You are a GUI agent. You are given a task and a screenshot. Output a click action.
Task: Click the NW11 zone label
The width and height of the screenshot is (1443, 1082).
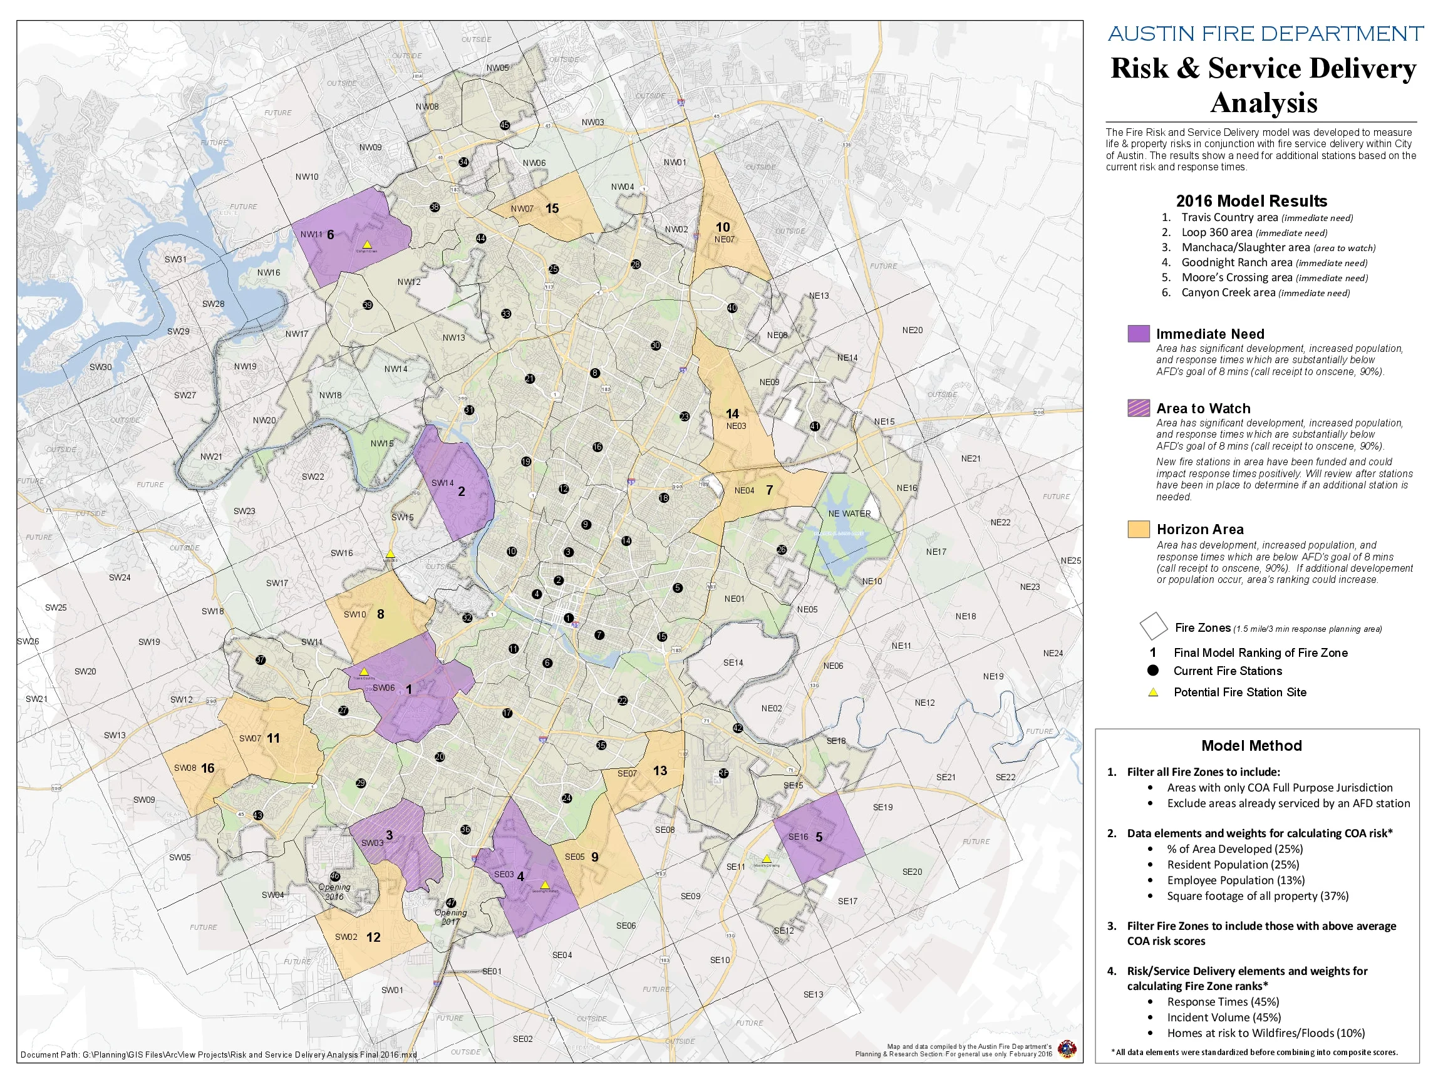click(x=311, y=234)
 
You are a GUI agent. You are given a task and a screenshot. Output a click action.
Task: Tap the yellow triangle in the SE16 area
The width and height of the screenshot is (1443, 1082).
click(x=767, y=858)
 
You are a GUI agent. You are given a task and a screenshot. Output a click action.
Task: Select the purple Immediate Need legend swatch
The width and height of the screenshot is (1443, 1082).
click(x=1139, y=333)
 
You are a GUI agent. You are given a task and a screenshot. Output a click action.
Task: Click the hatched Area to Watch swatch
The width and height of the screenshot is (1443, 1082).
click(x=1139, y=408)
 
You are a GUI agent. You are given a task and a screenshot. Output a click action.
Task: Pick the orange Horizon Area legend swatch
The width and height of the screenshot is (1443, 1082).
click(x=1139, y=529)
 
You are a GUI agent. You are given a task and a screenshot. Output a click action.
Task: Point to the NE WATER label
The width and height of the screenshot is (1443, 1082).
click(x=849, y=513)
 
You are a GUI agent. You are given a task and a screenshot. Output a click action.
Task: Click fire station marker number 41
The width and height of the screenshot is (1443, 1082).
click(x=815, y=426)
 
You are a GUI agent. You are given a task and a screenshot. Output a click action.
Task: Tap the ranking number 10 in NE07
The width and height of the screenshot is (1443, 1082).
click(x=723, y=227)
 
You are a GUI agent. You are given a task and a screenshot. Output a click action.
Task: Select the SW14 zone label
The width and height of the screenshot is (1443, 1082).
click(x=442, y=483)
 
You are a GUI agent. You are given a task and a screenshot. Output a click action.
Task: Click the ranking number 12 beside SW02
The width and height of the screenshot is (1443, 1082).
click(x=373, y=937)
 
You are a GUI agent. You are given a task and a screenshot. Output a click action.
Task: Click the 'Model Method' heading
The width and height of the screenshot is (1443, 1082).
click(x=1251, y=746)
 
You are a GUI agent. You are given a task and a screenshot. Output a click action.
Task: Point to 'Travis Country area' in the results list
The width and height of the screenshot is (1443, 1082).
click(x=1229, y=217)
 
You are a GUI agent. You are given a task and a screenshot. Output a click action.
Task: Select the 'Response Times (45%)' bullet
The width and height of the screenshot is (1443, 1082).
click(x=1223, y=1001)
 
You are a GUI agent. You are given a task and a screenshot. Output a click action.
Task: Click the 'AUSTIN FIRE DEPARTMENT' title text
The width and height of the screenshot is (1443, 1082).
click(x=1265, y=33)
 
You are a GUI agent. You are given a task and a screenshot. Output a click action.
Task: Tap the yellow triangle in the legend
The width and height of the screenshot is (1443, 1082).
click(x=1152, y=693)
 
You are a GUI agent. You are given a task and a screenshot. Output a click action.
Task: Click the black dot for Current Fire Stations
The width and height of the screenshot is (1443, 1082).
click(x=1152, y=671)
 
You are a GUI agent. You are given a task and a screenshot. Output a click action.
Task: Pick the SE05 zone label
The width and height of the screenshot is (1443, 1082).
click(x=574, y=857)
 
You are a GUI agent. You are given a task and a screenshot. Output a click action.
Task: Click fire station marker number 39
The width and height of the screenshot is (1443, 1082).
click(x=367, y=304)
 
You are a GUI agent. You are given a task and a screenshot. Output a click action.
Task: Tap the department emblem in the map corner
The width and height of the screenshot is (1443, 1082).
click(x=1067, y=1049)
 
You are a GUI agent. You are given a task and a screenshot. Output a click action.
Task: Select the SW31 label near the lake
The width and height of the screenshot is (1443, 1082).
click(x=175, y=259)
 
